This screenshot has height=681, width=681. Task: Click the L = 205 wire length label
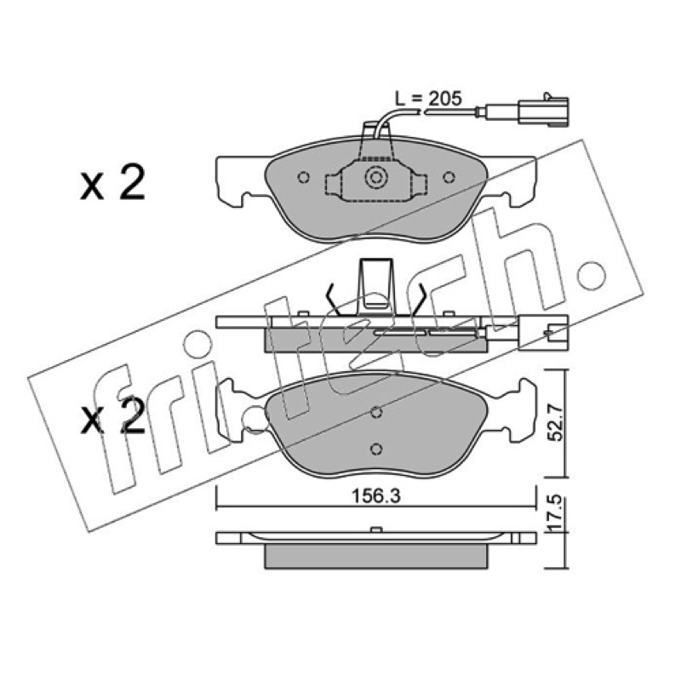(428, 99)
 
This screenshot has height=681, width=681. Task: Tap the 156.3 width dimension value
(375, 496)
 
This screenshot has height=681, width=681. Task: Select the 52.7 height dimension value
(555, 421)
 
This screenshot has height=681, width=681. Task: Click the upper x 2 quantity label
(112, 185)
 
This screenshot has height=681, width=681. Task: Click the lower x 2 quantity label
(112, 416)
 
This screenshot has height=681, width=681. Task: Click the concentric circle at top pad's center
(375, 178)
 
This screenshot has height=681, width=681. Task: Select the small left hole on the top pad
(304, 177)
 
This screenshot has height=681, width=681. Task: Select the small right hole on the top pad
(449, 177)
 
